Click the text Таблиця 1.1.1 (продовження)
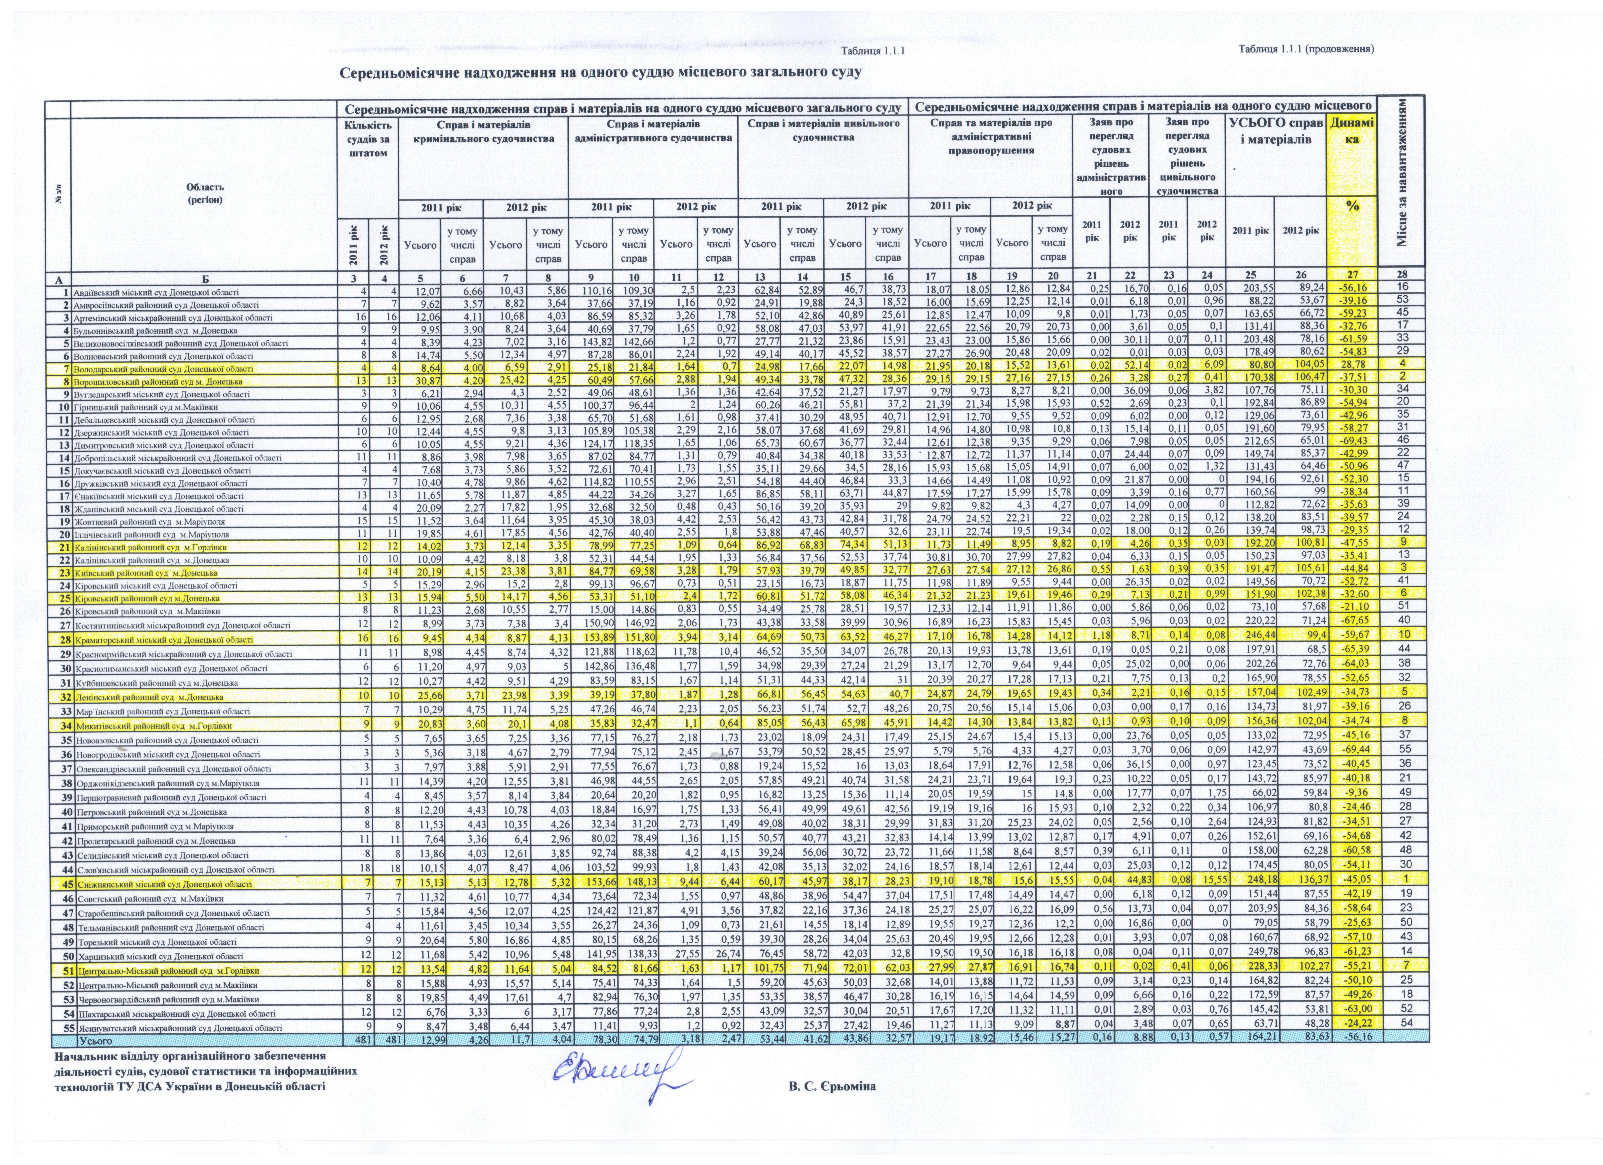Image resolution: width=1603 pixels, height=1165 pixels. pos(1305,49)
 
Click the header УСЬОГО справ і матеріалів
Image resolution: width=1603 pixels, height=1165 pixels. pos(1276,131)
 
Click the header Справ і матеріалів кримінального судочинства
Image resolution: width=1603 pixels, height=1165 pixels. pos(484,131)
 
